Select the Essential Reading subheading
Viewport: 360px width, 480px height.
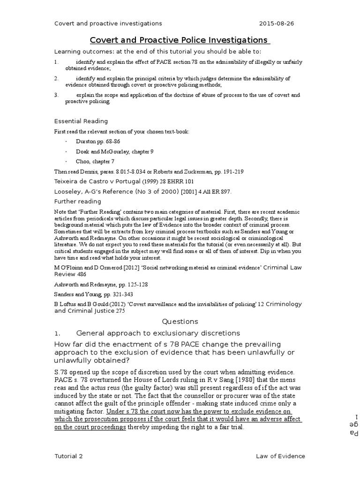click(81, 121)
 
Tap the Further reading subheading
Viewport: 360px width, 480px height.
click(78, 201)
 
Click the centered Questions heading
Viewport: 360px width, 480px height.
click(180, 322)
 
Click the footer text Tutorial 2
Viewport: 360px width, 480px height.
click(69, 456)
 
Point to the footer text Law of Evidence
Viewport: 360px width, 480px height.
click(280, 456)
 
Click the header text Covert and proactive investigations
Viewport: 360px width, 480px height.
click(108, 23)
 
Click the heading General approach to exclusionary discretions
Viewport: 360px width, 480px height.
click(158, 333)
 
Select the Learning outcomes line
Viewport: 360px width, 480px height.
click(157, 51)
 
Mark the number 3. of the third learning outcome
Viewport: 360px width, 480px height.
click(56, 95)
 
